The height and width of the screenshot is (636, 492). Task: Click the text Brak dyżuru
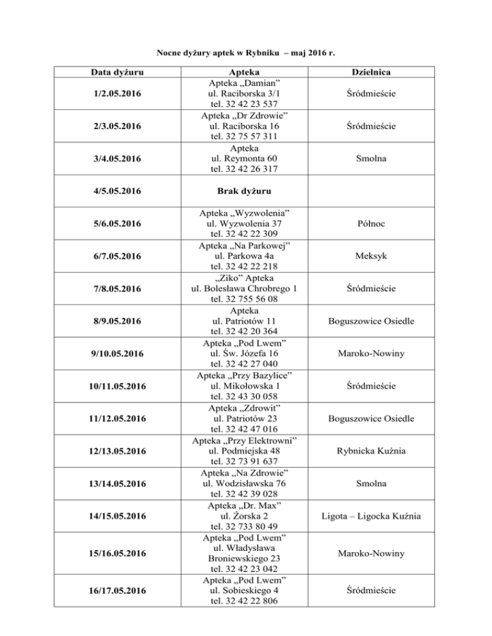pyautogui.click(x=247, y=191)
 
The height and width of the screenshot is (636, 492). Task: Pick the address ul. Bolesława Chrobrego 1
pyautogui.click(x=247, y=289)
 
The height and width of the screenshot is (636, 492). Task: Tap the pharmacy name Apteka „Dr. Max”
pyautogui.click(x=247, y=505)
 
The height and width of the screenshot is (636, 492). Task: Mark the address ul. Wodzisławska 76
pyautogui.click(x=247, y=484)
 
